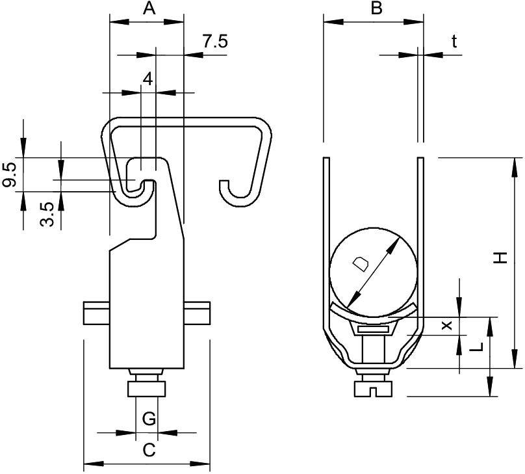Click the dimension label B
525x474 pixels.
376,8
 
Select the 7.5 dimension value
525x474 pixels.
214,42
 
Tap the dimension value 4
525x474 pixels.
147,79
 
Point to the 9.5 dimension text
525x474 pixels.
9,175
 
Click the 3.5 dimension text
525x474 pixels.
46,214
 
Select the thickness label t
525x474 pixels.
454,42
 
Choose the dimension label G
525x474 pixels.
149,419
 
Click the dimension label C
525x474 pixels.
149,450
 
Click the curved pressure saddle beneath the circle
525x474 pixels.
372,315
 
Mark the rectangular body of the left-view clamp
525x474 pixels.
146,306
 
